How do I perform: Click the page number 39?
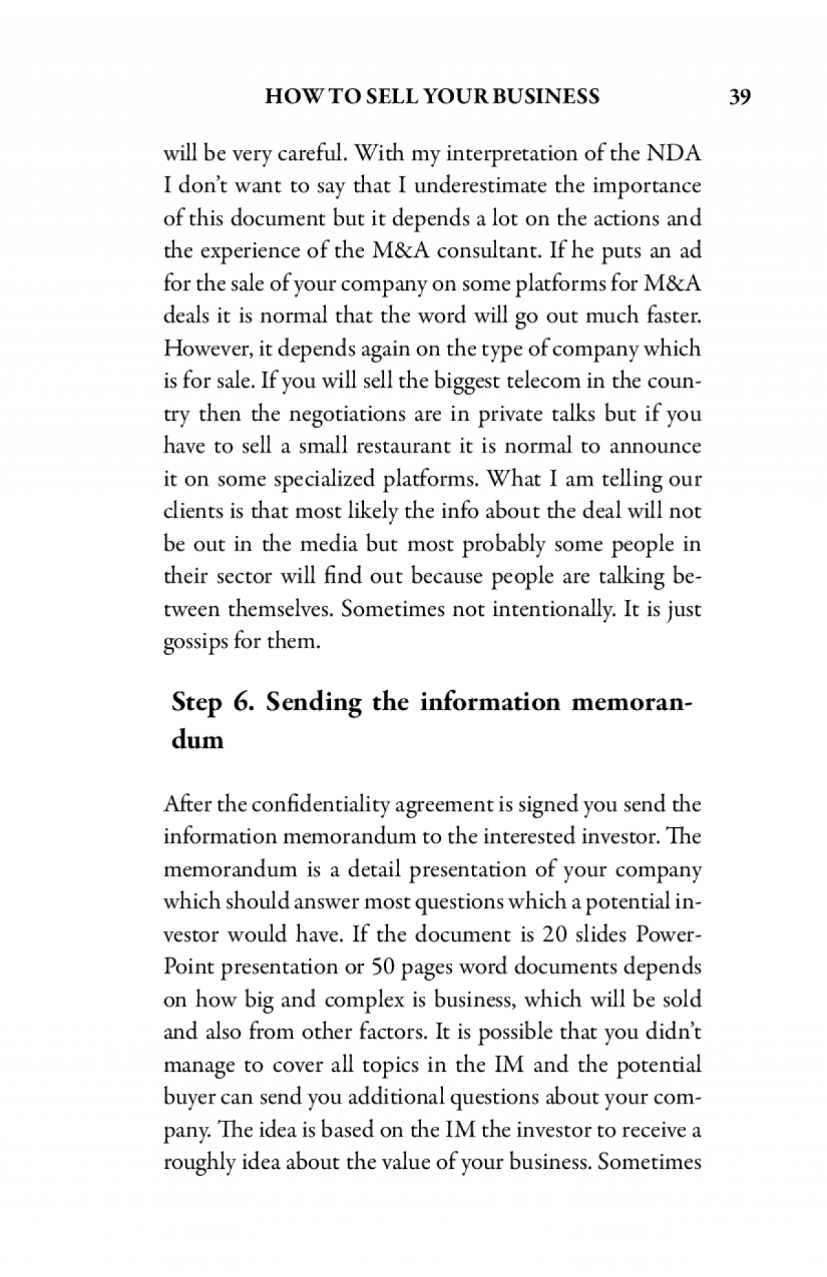tap(739, 97)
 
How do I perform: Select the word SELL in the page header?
tap(390, 97)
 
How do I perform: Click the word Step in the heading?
tap(198, 703)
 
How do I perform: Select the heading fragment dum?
tap(197, 740)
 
